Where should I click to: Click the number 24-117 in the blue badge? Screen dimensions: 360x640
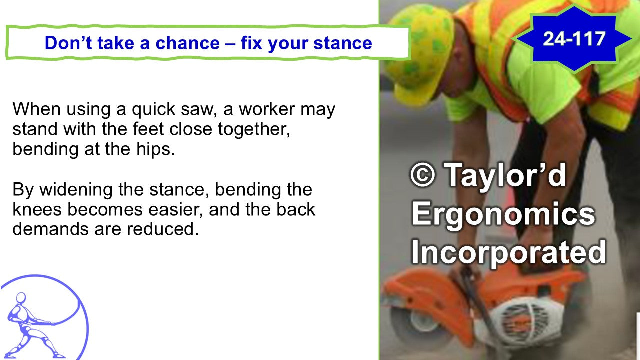[574, 38]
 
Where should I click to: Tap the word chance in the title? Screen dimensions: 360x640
[187, 43]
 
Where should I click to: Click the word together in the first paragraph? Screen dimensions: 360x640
[253, 129]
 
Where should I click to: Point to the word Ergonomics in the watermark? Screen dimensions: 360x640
[503, 214]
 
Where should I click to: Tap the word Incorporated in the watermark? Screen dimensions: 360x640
[508, 252]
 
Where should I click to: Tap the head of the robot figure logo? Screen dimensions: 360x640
[20, 298]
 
